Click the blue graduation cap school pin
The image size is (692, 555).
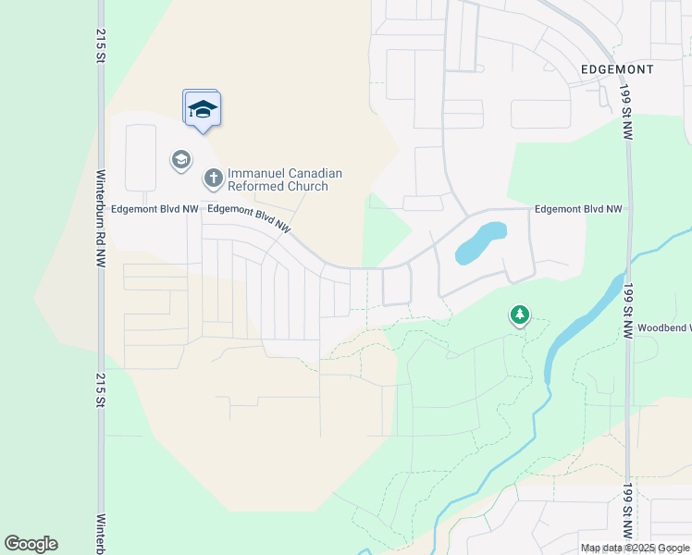tap(202, 110)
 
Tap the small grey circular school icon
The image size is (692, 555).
tap(180, 160)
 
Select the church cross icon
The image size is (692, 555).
tap(213, 176)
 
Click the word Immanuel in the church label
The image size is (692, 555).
tap(254, 173)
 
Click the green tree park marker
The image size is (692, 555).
tap(520, 315)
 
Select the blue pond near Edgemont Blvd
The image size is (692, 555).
tap(481, 241)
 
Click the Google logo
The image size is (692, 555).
tap(31, 544)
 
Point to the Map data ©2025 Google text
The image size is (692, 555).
tap(634, 548)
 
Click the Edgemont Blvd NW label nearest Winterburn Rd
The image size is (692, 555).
tap(154, 209)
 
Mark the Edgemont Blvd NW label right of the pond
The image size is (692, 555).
tap(578, 209)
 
